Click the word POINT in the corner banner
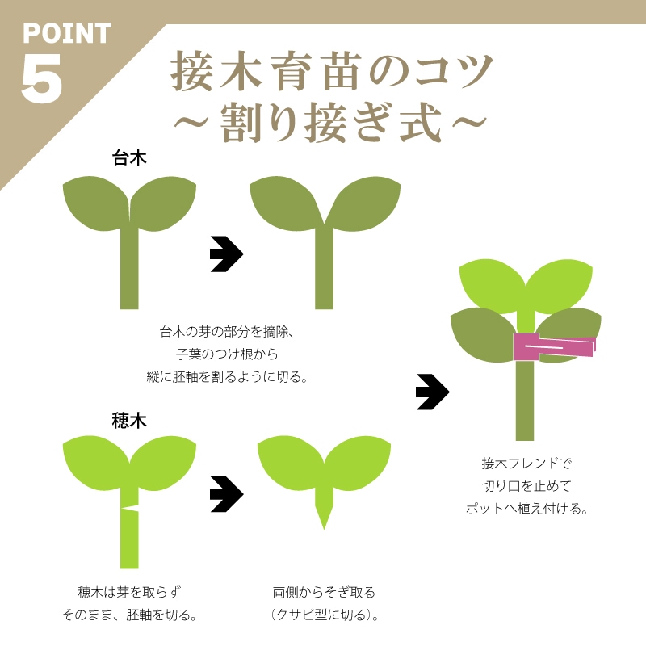coord(67,33)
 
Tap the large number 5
coord(42,78)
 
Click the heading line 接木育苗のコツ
coord(331,71)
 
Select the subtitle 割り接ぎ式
coord(331,123)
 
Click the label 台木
coord(129,157)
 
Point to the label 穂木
coord(129,421)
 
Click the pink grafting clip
coord(554,346)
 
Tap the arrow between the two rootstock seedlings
coord(227,254)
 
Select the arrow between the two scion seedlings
coord(227,494)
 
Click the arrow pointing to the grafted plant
coord(433,392)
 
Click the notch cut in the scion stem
coord(131,508)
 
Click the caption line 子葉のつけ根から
coord(227,354)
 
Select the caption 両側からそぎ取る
coord(324,593)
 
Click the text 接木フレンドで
coord(526,464)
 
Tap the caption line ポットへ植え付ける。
coord(526,509)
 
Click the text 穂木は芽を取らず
coord(129,593)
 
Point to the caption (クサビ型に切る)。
coord(325,615)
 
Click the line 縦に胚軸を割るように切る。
coord(227,376)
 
